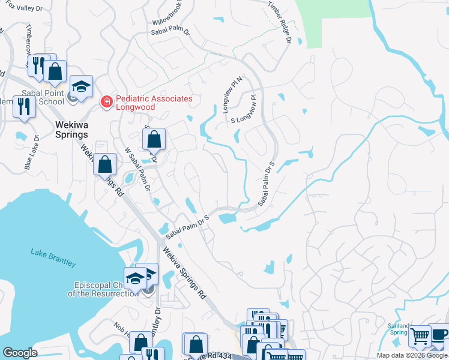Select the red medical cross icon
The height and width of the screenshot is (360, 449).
click(x=107, y=103)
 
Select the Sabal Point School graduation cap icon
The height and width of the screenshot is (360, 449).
click(x=81, y=86)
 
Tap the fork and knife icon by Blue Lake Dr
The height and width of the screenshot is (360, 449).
click(x=23, y=106)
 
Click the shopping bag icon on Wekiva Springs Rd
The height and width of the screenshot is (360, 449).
click(x=105, y=163)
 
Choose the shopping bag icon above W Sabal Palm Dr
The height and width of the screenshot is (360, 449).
click(x=154, y=140)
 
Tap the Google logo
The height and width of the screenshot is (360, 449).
click(x=20, y=353)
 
